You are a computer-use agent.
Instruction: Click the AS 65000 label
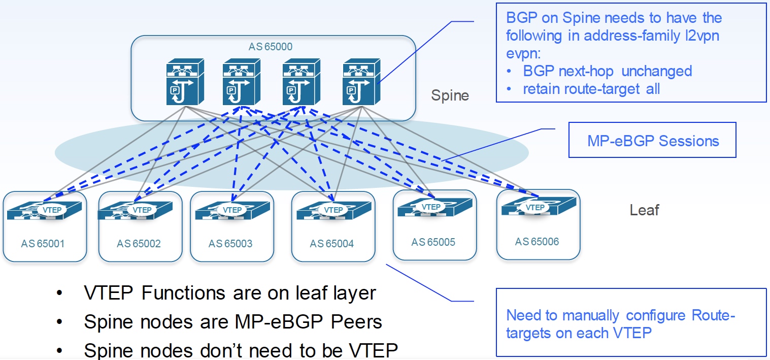click(x=270, y=47)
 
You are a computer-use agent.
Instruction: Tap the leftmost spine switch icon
click(x=185, y=83)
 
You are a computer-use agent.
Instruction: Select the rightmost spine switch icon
click(x=361, y=83)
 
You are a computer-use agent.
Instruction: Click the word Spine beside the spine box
click(x=450, y=95)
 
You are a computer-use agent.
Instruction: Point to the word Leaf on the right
click(x=644, y=210)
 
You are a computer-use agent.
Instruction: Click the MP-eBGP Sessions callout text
click(x=653, y=141)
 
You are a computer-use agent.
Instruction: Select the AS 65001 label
click(x=43, y=244)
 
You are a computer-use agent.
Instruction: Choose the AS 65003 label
click(x=230, y=244)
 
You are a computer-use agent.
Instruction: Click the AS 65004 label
click(x=331, y=244)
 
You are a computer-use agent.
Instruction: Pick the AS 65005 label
click(x=433, y=242)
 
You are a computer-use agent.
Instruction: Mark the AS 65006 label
click(x=537, y=242)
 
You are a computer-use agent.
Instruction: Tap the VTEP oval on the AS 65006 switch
click(x=535, y=207)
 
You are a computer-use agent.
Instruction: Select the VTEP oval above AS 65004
click(x=333, y=210)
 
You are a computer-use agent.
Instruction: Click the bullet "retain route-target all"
click(x=591, y=89)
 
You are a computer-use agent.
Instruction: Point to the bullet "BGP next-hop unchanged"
click(x=607, y=71)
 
